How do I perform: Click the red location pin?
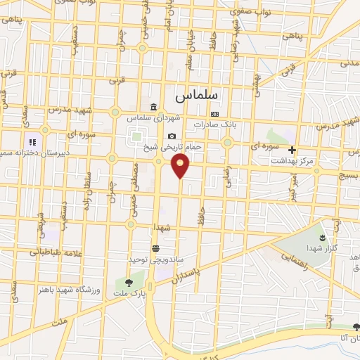(181, 165)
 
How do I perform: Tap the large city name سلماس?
(195, 93)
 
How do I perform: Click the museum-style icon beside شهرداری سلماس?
(154, 106)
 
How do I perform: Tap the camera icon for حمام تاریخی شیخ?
(172, 136)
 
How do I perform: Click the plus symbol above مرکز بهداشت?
(292, 150)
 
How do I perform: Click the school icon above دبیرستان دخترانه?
(32, 142)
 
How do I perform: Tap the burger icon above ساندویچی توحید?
(155, 247)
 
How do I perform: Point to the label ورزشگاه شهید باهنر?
(65, 290)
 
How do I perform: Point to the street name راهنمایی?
(296, 258)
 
